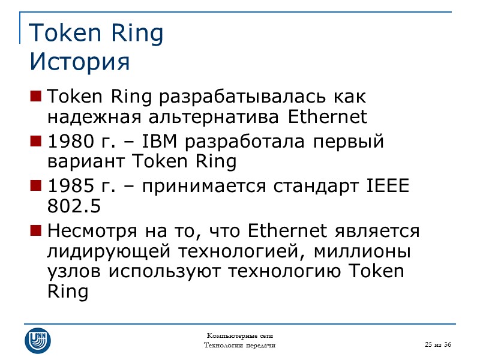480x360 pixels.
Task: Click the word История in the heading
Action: (79, 61)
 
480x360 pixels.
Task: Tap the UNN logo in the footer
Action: (38, 340)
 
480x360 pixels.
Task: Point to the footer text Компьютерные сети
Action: (240, 335)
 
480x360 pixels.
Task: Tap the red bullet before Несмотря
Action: (35, 230)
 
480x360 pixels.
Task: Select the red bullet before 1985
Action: (35, 186)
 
